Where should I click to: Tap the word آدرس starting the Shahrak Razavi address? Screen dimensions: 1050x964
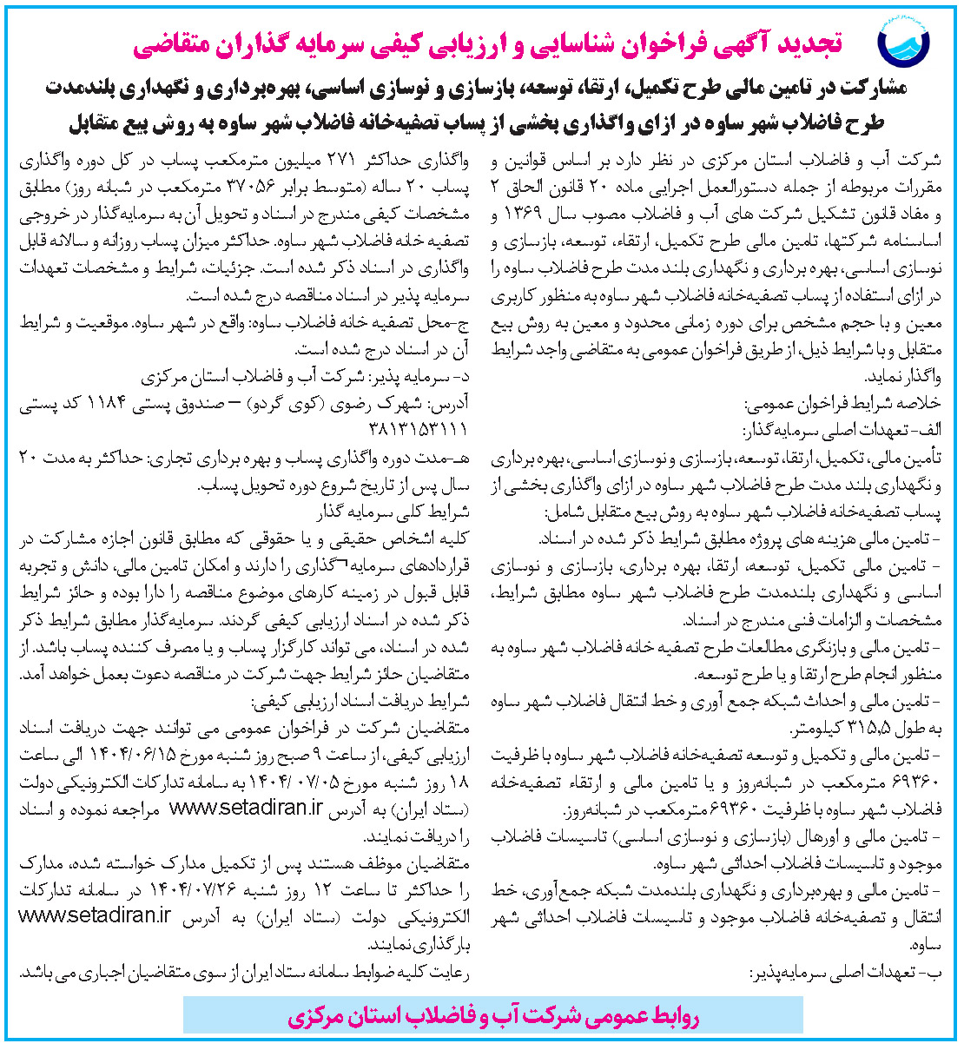(x=450, y=404)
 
